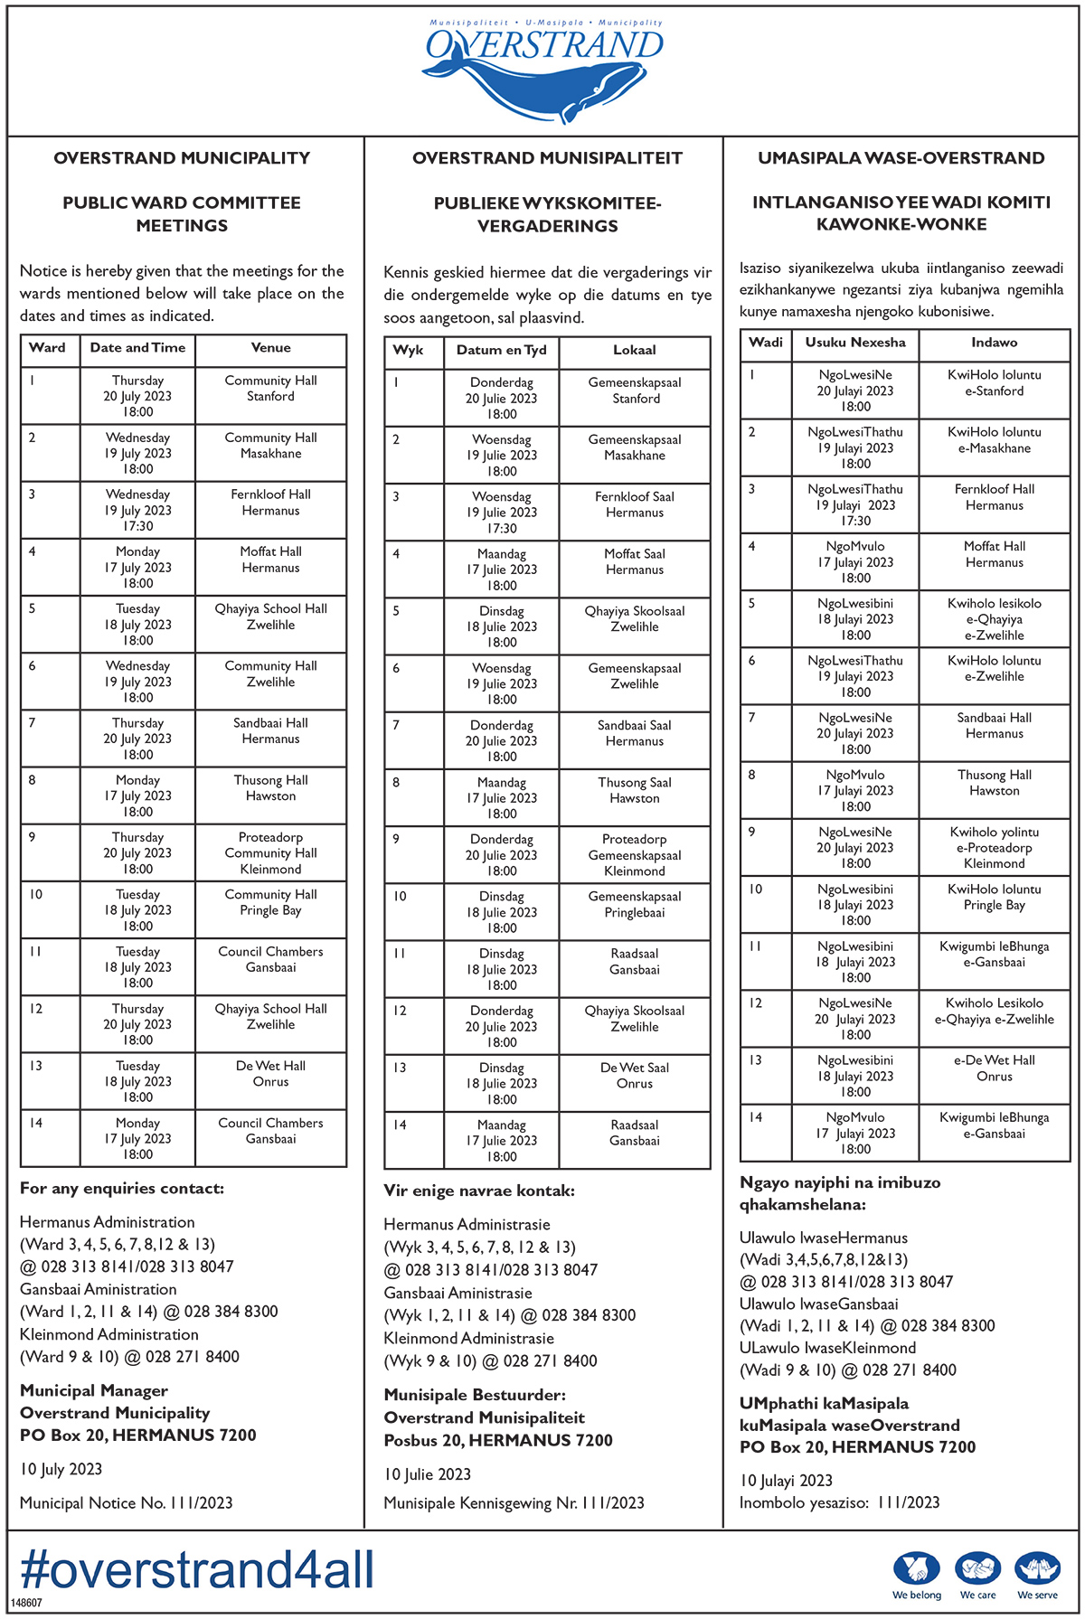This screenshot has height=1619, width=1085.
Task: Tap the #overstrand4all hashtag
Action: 197,1568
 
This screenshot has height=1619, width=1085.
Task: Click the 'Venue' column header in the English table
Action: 270,348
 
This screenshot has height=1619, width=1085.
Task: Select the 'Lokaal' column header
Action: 634,350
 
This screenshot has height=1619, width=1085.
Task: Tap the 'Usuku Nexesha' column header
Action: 854,343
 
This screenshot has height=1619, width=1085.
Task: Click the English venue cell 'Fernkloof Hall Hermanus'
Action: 270,503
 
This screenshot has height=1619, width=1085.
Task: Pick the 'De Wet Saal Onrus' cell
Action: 634,1076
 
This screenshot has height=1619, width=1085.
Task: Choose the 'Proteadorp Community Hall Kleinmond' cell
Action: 270,852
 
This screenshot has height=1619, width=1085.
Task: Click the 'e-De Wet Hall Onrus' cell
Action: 994,1068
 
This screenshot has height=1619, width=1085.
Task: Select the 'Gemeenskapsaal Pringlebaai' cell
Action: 634,904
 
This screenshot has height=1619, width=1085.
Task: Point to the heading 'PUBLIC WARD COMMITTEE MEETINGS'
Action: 182,214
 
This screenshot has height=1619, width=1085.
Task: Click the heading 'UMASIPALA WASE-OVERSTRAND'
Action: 901,158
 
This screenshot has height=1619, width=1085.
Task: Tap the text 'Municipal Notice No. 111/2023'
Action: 126,1503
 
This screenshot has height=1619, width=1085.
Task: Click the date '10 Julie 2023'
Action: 427,1474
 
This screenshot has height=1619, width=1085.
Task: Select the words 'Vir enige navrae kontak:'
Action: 478,1191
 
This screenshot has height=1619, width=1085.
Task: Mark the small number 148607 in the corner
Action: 26,1603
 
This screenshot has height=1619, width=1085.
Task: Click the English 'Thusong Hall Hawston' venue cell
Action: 270,788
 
